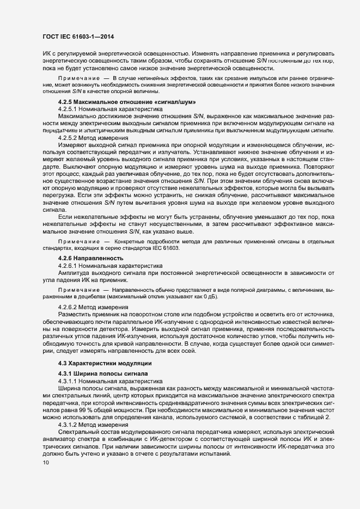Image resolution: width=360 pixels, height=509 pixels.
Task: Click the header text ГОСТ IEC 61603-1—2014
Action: pyautogui.click(x=75, y=37)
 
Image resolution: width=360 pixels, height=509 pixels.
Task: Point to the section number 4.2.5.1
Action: pyautogui.click(x=68, y=109)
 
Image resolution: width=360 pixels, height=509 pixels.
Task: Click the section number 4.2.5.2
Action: pyautogui.click(x=68, y=138)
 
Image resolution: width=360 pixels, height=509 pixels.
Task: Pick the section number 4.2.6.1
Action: pyautogui.click(x=68, y=265)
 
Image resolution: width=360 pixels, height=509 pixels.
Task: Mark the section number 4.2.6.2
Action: pyautogui.click(x=68, y=307)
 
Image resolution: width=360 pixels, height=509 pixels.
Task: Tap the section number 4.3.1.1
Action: pyautogui.click(x=68, y=381)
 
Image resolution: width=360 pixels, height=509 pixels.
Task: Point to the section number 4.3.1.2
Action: pyautogui.click(x=68, y=424)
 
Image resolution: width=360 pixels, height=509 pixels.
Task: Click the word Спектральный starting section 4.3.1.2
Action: pyautogui.click(x=80, y=431)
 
